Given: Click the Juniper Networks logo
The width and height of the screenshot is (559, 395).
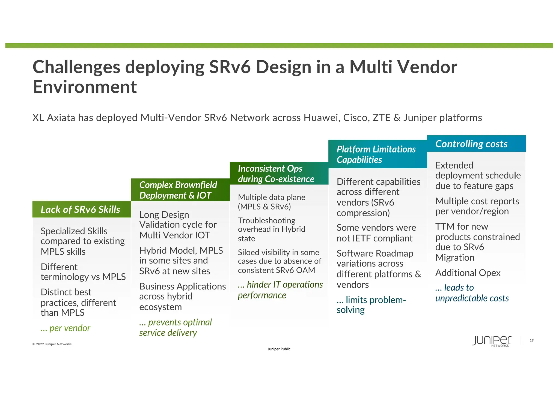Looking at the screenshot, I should pos(492,341).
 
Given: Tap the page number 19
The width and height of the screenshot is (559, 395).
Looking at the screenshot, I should pos(531,340).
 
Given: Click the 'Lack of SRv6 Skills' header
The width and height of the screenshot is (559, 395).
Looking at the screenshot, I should pos(81,210).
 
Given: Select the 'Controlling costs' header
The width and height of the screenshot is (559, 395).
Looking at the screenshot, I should pos(471,144).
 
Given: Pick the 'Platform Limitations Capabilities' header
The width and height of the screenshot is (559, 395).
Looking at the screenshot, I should pos(376,154).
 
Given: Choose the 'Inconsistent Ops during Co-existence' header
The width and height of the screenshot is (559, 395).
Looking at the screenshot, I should pos(276,174).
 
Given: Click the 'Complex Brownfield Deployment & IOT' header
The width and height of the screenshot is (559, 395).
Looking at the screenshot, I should pos(178,190).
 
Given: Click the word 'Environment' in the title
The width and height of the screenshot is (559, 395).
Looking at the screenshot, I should pos(85,87).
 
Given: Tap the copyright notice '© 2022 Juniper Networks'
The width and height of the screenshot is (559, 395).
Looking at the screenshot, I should pos(52,344).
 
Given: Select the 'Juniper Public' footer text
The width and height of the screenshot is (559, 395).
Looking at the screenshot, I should pos(279,349).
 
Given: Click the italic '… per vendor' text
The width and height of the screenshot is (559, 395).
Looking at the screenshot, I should pos(66,328).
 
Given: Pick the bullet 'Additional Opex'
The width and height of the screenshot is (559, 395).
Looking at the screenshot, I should pos(468,273).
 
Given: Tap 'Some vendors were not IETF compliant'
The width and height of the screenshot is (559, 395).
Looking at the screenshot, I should pos(376,233).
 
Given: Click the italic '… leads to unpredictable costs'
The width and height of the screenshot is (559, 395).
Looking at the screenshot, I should pos(472,293).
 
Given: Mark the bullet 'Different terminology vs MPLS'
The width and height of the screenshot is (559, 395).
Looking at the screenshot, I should pos(83,272).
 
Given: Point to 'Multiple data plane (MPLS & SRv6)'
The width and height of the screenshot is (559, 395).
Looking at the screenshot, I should pos(271,202).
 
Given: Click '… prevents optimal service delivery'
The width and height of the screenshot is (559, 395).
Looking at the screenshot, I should pos(175,327).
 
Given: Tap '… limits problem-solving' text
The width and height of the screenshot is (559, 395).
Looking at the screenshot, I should pos(371,305).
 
